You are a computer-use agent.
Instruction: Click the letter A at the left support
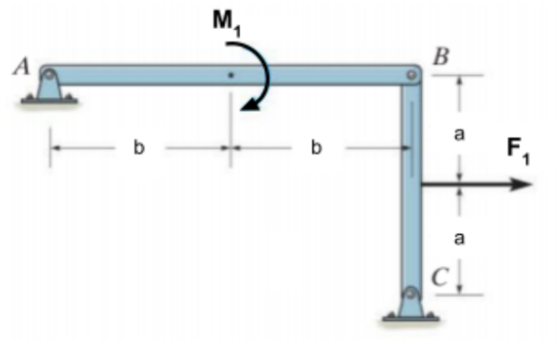coord(21,66)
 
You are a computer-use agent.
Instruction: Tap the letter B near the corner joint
coord(440,56)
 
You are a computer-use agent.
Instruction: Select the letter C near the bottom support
coord(437,277)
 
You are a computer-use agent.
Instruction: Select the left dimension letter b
coord(139,148)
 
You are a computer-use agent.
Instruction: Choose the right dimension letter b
coord(316,148)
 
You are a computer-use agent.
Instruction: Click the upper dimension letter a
coord(459,133)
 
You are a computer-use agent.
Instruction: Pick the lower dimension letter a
coord(459,238)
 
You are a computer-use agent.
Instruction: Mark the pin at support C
coord(410,294)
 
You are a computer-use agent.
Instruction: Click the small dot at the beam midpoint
coord(230,76)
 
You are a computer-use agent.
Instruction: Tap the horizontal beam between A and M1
coord(135,76)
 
